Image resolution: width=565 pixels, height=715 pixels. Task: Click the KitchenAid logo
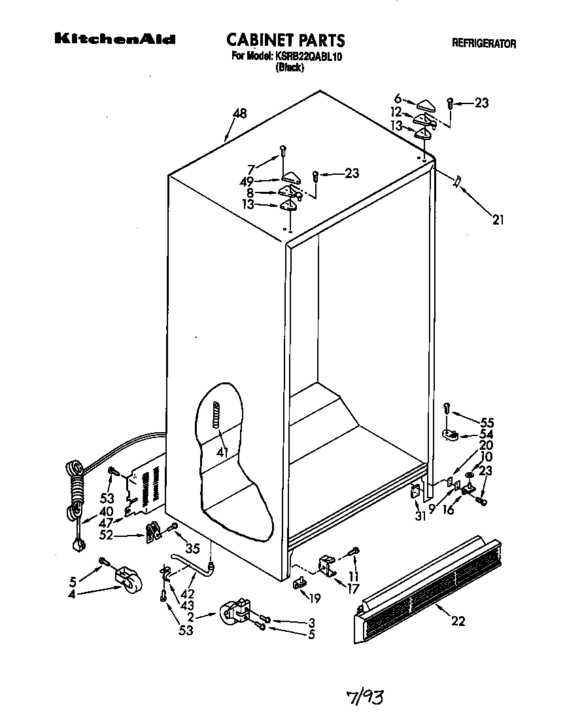[x=114, y=40]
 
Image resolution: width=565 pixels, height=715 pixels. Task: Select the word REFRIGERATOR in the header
[x=484, y=44]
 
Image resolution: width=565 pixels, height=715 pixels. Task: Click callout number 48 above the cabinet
[x=239, y=114]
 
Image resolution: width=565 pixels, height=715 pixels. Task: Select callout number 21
[x=498, y=220]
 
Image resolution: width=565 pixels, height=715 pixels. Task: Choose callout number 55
[x=487, y=422]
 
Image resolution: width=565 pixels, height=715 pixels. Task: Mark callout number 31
[x=420, y=515]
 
